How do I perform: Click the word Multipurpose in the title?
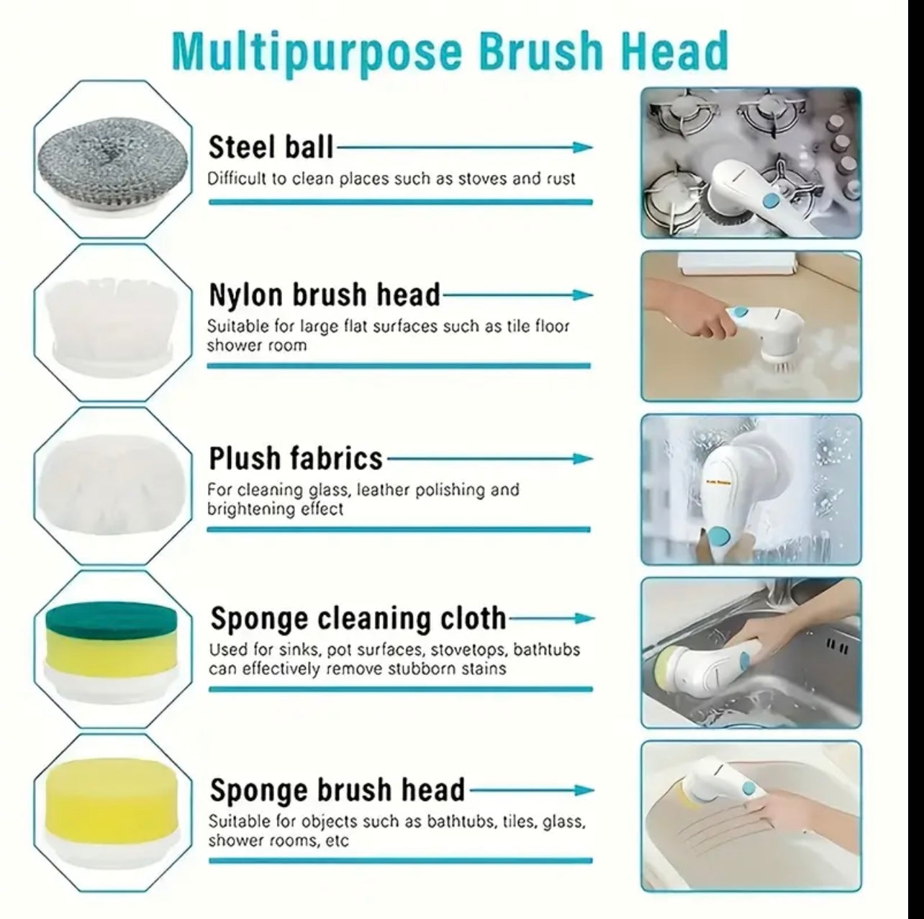[x=317, y=53]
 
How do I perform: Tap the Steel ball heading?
[x=271, y=147]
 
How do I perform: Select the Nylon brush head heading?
[x=324, y=294]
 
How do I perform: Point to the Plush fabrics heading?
[x=295, y=458]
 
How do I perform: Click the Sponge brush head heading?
[x=337, y=790]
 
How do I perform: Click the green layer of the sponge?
[x=112, y=620]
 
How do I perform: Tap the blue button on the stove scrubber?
[x=769, y=200]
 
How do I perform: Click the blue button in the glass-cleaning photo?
[x=717, y=534]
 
